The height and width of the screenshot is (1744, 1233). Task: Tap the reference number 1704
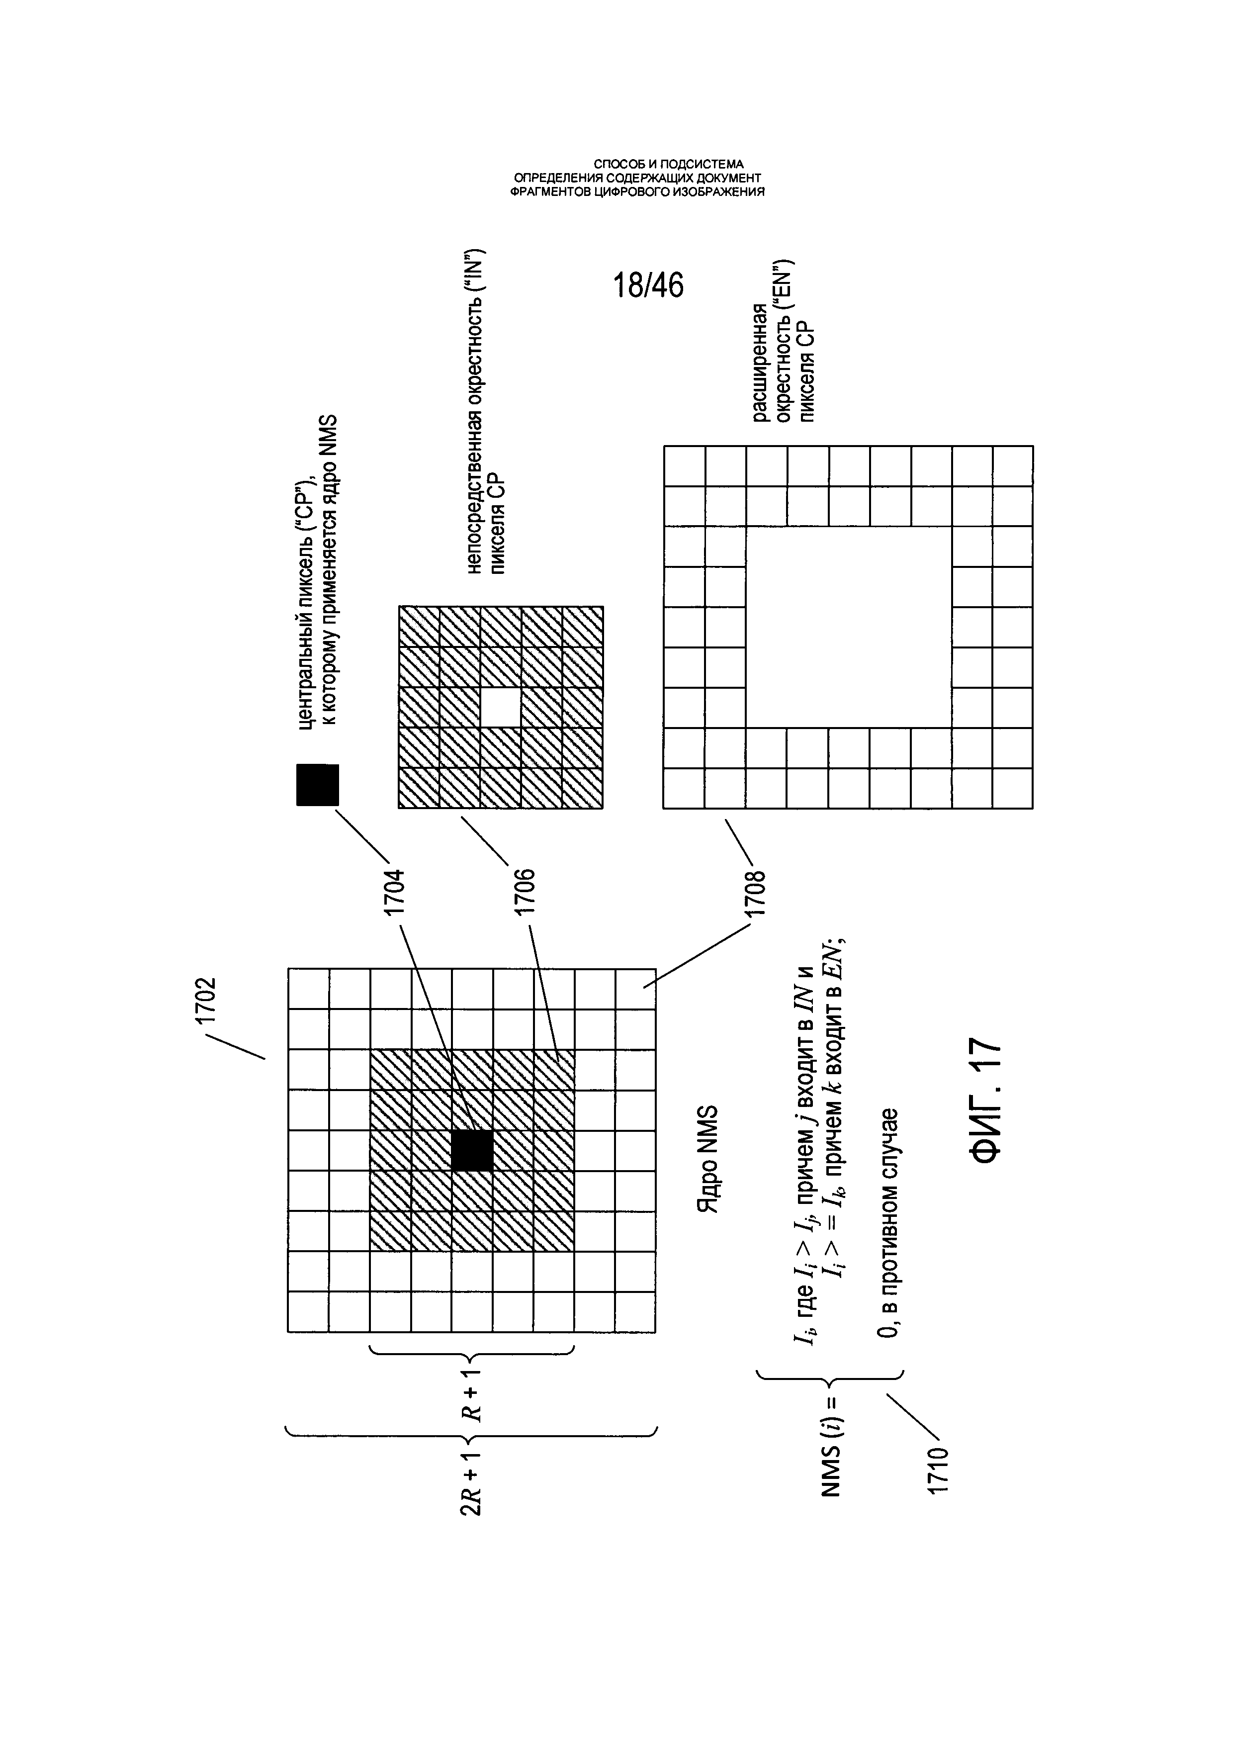394,893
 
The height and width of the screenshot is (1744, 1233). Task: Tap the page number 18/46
648,285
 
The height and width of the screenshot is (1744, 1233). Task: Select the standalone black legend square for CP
317,785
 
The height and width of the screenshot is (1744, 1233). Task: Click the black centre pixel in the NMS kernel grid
471,1151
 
